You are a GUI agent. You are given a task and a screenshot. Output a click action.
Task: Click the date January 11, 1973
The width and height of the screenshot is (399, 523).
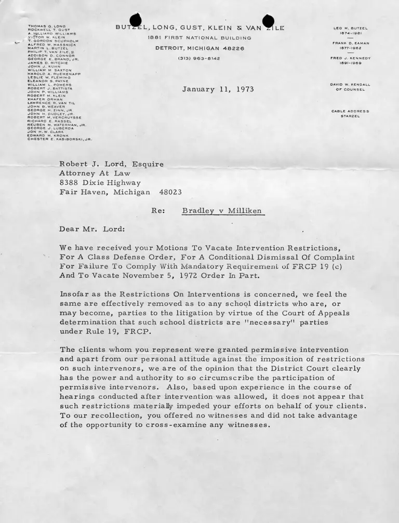[218, 89]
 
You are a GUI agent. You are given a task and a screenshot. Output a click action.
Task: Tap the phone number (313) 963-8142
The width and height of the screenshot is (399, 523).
[199, 58]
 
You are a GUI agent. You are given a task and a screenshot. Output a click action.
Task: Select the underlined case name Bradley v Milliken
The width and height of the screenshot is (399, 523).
[223, 211]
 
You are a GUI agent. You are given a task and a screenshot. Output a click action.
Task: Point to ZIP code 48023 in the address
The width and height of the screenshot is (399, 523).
[170, 192]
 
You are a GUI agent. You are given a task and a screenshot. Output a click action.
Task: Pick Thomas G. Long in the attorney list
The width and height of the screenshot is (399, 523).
[46, 26]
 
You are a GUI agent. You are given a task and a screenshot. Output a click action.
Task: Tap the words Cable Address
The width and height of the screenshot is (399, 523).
[350, 111]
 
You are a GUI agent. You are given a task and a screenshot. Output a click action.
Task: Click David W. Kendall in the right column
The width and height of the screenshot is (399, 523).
[350, 84]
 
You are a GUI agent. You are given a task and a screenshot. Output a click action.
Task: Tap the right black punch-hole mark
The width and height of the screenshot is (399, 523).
[268, 21]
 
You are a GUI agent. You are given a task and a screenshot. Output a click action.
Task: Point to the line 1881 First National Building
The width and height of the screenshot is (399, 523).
[199, 38]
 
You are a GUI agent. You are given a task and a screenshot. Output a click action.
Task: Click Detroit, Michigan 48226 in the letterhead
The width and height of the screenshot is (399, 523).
[199, 48]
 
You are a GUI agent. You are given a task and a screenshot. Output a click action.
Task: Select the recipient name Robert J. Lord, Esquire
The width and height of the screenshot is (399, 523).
[112, 164]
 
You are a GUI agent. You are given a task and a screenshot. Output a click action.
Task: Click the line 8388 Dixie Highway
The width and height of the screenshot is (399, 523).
[100, 183]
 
